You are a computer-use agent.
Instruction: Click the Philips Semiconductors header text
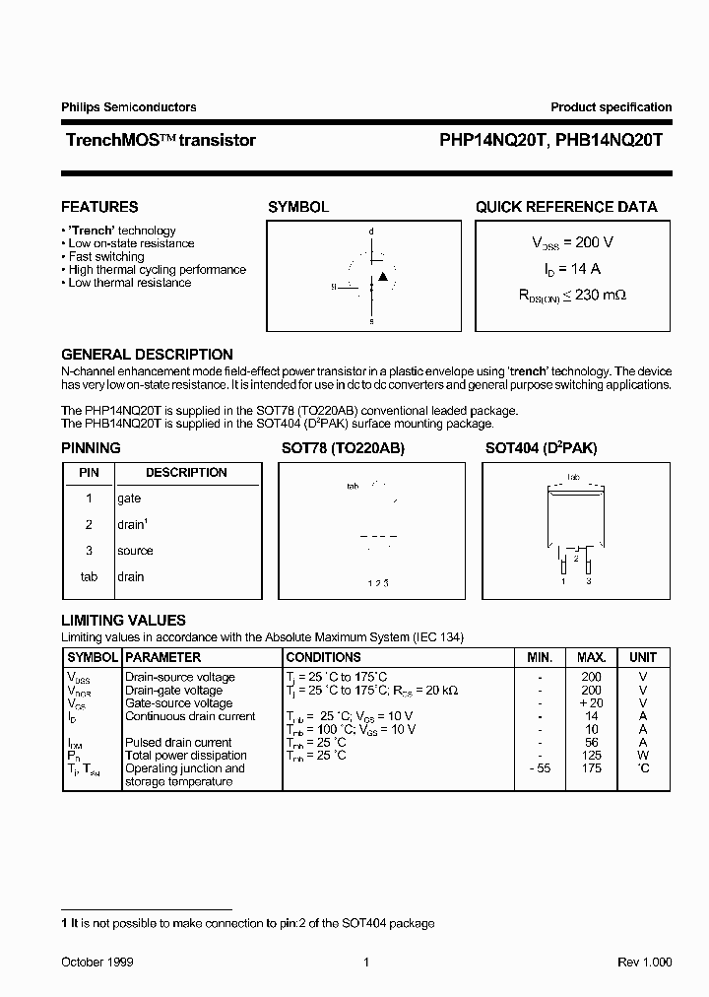(129, 107)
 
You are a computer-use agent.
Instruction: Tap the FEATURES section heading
(99, 207)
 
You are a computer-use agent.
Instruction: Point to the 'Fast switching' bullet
(105, 256)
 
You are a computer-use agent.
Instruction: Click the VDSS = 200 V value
(572, 242)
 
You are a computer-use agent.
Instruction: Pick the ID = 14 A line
(572, 268)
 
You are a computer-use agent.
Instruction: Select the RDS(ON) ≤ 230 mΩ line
(572, 294)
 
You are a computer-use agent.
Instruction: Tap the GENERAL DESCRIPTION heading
(147, 355)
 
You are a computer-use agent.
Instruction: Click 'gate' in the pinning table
(129, 498)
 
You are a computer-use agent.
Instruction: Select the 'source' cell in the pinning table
(135, 551)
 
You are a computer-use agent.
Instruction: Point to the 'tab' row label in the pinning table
(89, 576)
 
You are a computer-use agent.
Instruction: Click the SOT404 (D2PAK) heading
(541, 448)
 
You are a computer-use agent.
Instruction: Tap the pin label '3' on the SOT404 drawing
(589, 582)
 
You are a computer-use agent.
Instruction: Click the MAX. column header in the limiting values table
(591, 657)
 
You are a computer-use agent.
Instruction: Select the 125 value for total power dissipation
(591, 756)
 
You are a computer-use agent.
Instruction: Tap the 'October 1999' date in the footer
(97, 962)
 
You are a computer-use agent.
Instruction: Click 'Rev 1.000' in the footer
(644, 962)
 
